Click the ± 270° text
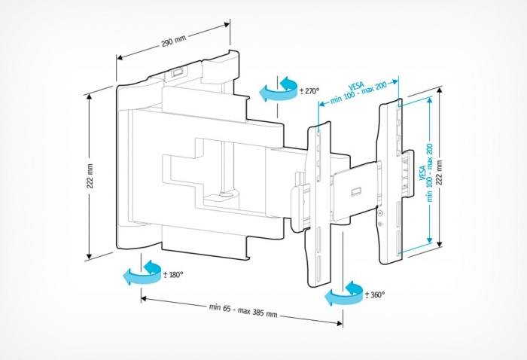(x=309, y=91)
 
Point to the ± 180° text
(x=172, y=274)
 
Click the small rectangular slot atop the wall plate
(x=176, y=72)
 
